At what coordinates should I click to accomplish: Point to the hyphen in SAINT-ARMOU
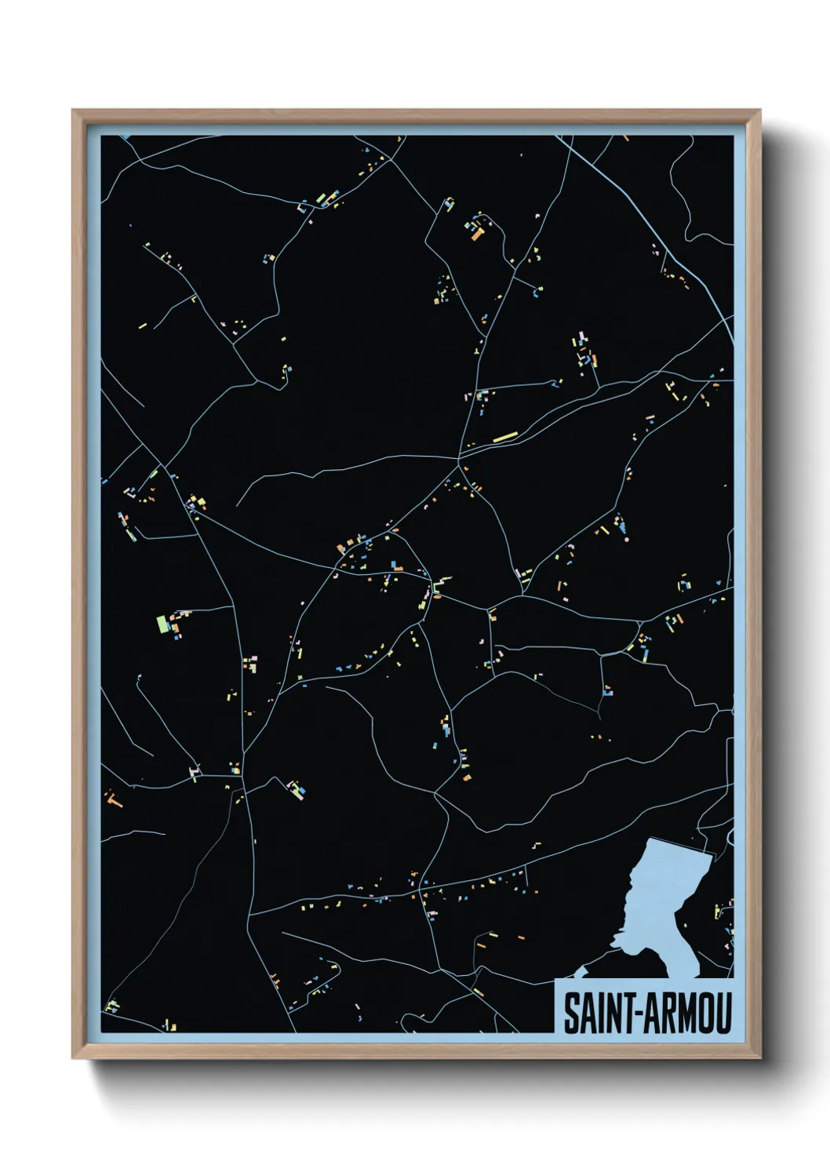tap(643, 1014)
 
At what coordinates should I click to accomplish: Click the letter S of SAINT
tap(572, 1013)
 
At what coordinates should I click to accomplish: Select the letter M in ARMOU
tap(688, 1013)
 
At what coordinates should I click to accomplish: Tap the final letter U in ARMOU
tap(724, 1013)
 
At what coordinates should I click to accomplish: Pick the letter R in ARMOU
tap(669, 1013)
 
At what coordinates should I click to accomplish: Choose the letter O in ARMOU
tap(707, 1013)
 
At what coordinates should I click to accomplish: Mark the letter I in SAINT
tap(603, 1013)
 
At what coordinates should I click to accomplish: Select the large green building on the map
tap(162, 624)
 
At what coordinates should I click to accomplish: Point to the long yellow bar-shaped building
tap(505, 436)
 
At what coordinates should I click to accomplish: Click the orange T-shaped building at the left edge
tap(115, 800)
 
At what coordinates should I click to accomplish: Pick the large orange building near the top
tap(476, 232)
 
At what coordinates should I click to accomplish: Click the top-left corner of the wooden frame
tap(73, 111)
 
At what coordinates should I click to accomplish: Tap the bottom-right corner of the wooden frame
tap(759, 1058)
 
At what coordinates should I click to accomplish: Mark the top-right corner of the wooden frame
tap(759, 111)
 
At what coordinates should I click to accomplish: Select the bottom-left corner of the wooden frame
tap(73, 1058)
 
